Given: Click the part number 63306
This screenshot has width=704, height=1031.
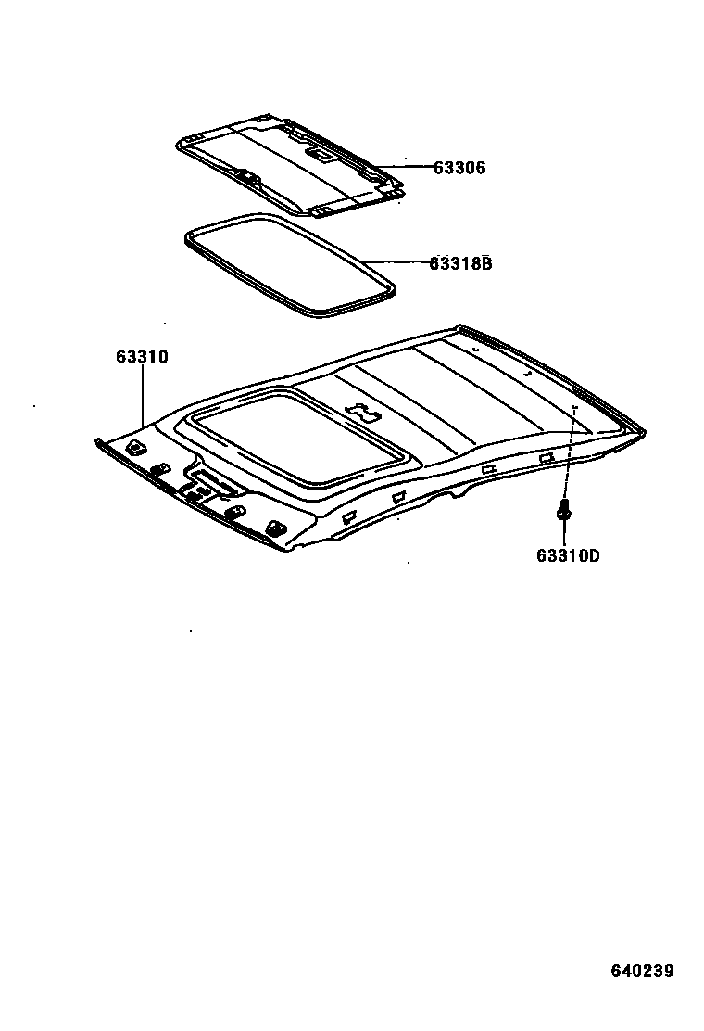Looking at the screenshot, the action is click(x=459, y=168).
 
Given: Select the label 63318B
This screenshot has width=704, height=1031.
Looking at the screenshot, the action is click(x=459, y=263).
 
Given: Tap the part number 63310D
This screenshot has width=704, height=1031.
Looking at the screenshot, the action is click(x=567, y=556).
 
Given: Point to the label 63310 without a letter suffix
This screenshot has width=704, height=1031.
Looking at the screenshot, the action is click(x=142, y=356).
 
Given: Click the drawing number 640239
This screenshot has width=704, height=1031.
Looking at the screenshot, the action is click(x=641, y=972).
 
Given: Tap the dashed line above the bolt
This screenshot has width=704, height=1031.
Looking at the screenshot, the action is click(x=569, y=454).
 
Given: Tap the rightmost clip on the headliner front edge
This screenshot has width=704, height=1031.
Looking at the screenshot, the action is click(x=275, y=527).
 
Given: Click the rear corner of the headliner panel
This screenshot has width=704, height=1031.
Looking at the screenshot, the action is click(x=639, y=431).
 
